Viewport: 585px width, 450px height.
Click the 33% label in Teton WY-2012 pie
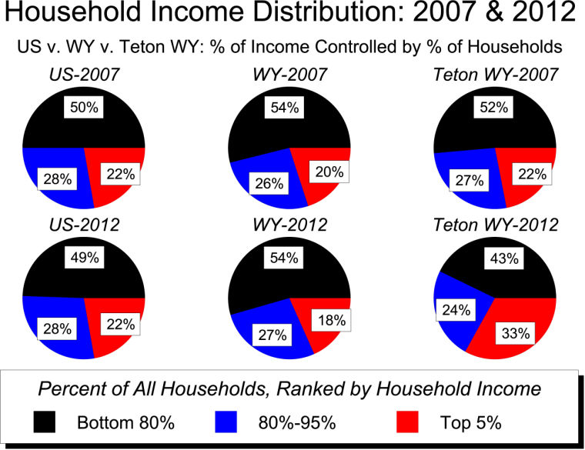[x=514, y=334]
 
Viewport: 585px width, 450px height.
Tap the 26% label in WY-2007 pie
[x=266, y=184]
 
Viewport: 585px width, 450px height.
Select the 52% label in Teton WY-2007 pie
[x=493, y=108]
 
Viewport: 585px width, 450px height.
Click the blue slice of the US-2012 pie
[x=54, y=323]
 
